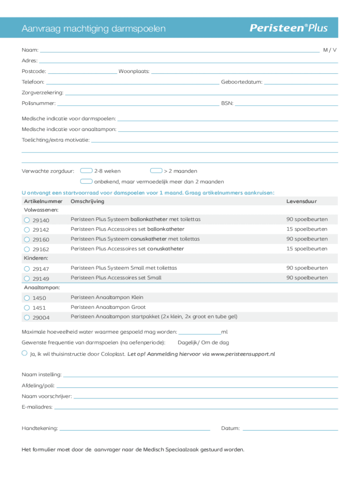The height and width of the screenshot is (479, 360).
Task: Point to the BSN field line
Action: (x=286, y=104)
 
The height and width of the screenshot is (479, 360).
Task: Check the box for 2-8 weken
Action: (x=86, y=171)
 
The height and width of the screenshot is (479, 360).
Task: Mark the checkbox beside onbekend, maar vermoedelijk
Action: (x=86, y=181)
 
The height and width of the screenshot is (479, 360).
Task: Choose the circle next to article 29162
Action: (x=27, y=249)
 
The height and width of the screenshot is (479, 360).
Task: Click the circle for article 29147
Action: (x=27, y=269)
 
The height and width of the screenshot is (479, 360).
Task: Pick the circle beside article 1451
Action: (x=27, y=307)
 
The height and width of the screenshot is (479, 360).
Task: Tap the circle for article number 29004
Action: (x=27, y=318)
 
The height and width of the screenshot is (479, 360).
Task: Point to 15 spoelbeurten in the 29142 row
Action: (x=307, y=229)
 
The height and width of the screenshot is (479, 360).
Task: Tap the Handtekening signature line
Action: (x=135, y=429)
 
